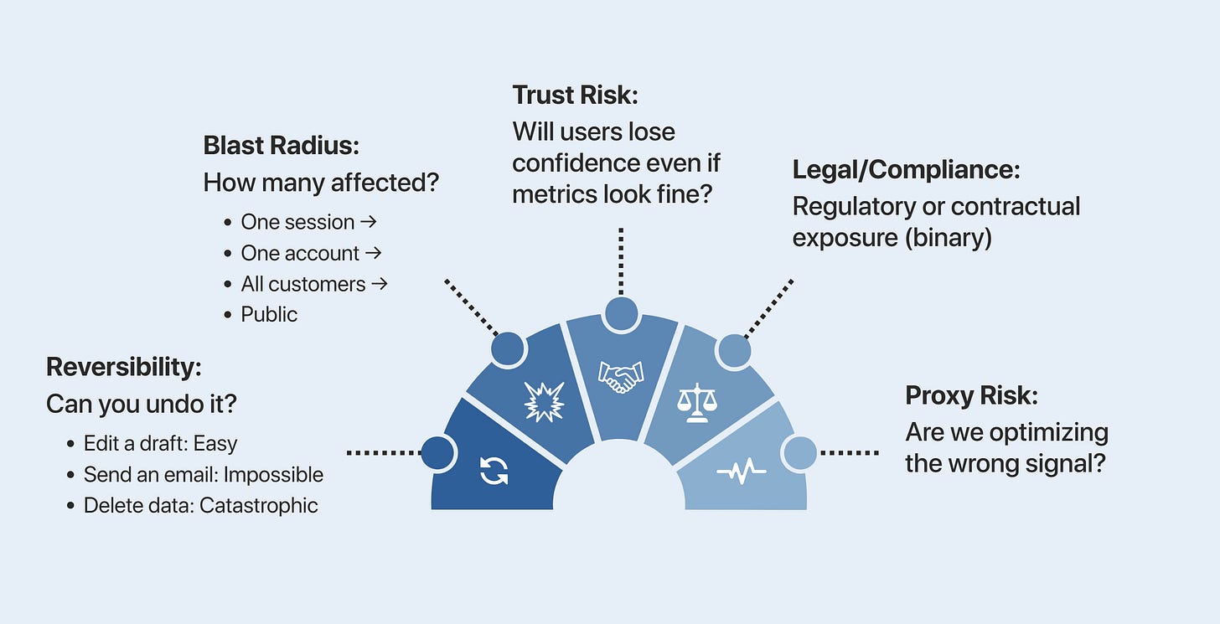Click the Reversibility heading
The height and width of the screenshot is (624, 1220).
coord(124,367)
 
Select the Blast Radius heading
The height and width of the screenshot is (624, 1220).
coord(281,145)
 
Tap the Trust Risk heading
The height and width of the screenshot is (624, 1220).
coord(575,95)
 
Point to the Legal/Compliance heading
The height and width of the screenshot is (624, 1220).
coord(906,170)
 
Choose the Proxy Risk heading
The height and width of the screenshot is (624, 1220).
coord(972,395)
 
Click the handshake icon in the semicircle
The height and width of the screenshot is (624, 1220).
coord(620,377)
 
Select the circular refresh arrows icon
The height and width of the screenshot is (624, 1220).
coord(494,471)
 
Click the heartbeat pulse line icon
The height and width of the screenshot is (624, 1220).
coord(742,473)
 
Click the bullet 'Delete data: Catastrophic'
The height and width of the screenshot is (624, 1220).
coord(200,505)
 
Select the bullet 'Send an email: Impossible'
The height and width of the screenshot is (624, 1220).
coord(203,475)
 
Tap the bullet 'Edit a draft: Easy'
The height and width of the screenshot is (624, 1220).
coord(160,443)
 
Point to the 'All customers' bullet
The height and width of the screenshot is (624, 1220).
coord(313,284)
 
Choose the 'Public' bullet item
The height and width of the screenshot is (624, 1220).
coord(269,314)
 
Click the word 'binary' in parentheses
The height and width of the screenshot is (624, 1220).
coord(949,238)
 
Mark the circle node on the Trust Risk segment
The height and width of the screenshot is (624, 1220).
coord(621,313)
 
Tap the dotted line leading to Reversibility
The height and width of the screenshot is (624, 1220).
coord(384,452)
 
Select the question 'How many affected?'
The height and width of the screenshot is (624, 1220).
coord(321,183)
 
